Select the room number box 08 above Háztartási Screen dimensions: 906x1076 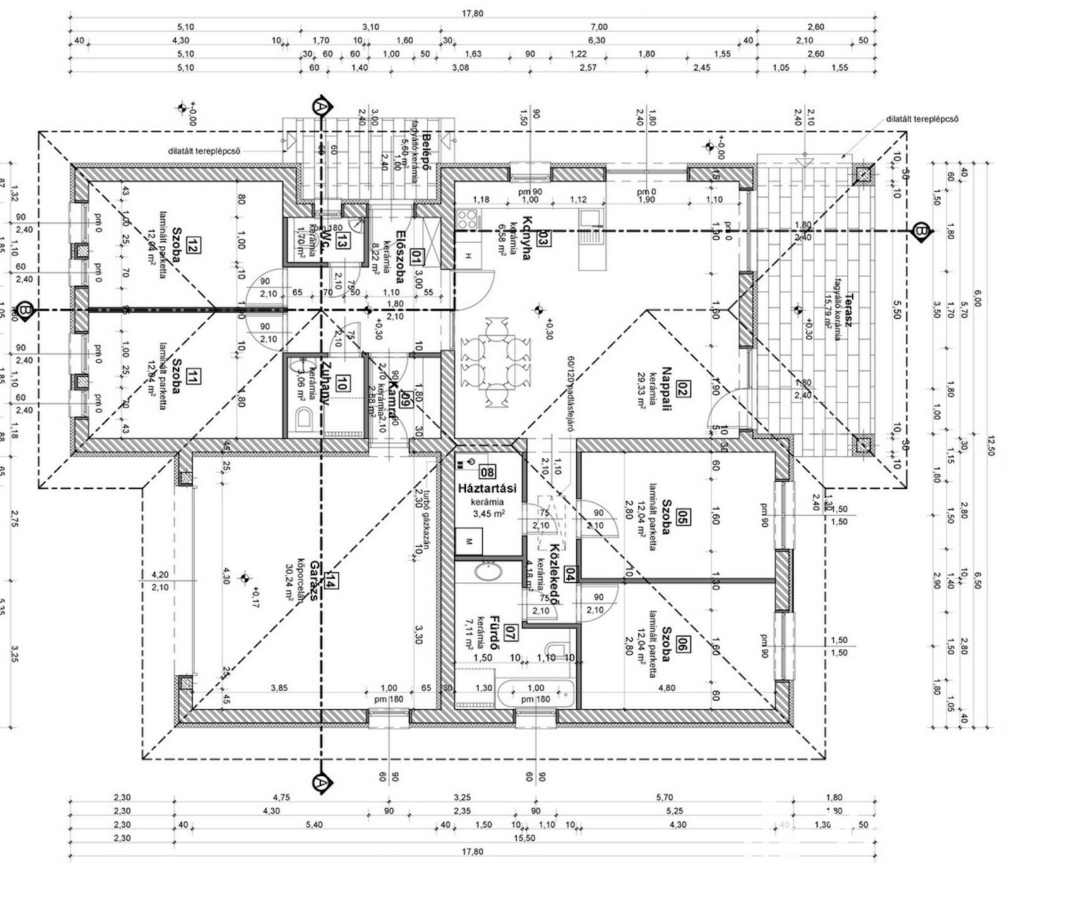tap(487, 471)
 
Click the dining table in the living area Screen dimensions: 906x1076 tap(495, 361)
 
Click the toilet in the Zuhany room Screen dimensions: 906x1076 tap(304, 418)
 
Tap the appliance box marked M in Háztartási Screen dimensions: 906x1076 tap(468, 541)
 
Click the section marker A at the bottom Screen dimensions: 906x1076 tap(321, 783)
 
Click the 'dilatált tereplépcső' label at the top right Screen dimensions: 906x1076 tap(922, 119)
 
